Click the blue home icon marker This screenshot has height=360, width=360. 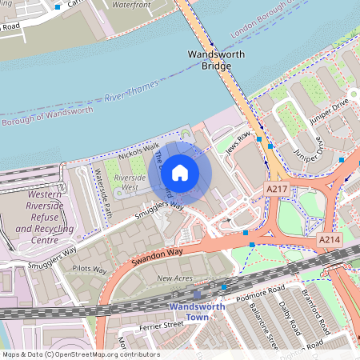(180, 172)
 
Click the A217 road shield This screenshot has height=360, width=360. (277, 187)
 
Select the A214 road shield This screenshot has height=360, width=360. (330, 239)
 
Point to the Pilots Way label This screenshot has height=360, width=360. (89, 270)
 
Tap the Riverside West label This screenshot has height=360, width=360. (130, 182)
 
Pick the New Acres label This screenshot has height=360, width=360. (174, 278)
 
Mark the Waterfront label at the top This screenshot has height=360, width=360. (131, 4)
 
